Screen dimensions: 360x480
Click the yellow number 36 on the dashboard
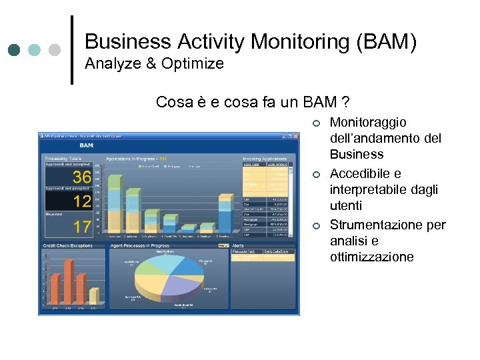point(81,177)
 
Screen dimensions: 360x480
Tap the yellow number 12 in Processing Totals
point(82,201)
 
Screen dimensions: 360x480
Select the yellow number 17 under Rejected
point(82,227)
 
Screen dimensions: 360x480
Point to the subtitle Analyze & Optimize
point(154,64)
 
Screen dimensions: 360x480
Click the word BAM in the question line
point(320,102)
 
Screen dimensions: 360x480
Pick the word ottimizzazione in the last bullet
point(371,257)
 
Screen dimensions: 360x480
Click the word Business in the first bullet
point(357,154)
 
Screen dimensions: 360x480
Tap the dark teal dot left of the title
point(15,50)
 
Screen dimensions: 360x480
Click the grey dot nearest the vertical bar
point(55,50)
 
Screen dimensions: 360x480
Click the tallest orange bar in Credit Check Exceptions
point(69,281)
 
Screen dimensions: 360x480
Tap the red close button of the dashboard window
point(295,135)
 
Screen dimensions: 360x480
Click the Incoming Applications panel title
point(266,159)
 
